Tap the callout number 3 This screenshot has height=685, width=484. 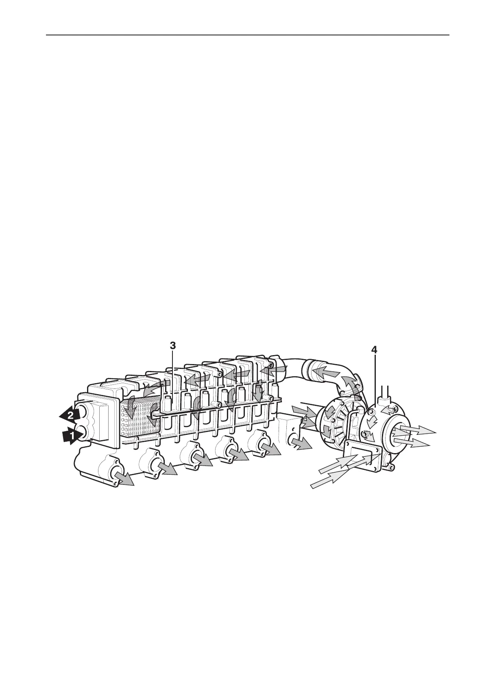point(173,345)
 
